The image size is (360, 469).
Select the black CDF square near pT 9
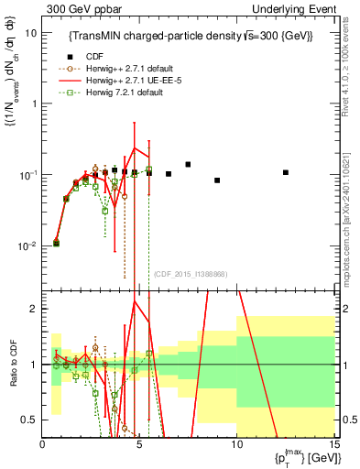(x=217, y=180)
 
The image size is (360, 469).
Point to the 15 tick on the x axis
(x=334, y=444)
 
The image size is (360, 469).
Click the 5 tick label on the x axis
(x=139, y=444)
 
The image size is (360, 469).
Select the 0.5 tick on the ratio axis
(x=29, y=420)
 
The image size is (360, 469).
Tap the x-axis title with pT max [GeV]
(x=301, y=458)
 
